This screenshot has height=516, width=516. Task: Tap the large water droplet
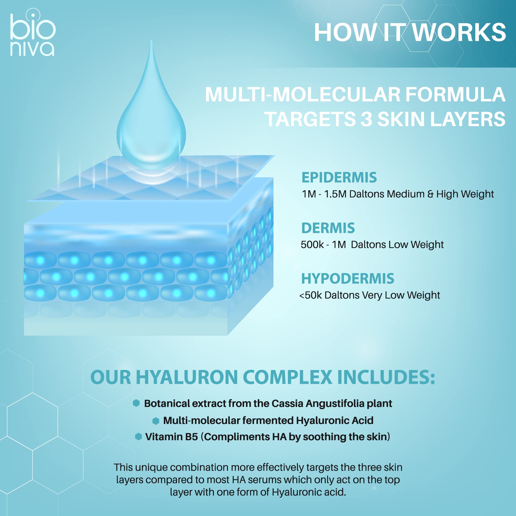tap(151, 112)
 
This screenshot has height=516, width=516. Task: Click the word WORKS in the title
tap(459, 33)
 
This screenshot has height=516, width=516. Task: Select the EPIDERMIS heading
tap(339, 177)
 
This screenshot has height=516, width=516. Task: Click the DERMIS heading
tap(328, 228)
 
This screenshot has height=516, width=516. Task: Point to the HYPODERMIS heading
tap(348, 279)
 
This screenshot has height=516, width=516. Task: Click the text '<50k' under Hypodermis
tap(311, 295)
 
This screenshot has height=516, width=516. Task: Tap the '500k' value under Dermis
tap(312, 244)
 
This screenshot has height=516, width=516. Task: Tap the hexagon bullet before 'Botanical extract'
tap(136, 403)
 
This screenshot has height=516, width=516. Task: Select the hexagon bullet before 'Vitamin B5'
tap(138, 437)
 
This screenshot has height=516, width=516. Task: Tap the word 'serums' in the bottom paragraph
tap(265, 480)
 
